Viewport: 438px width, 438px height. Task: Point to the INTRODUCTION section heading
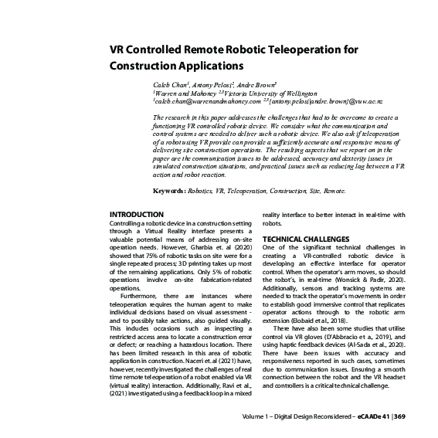[137, 214]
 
